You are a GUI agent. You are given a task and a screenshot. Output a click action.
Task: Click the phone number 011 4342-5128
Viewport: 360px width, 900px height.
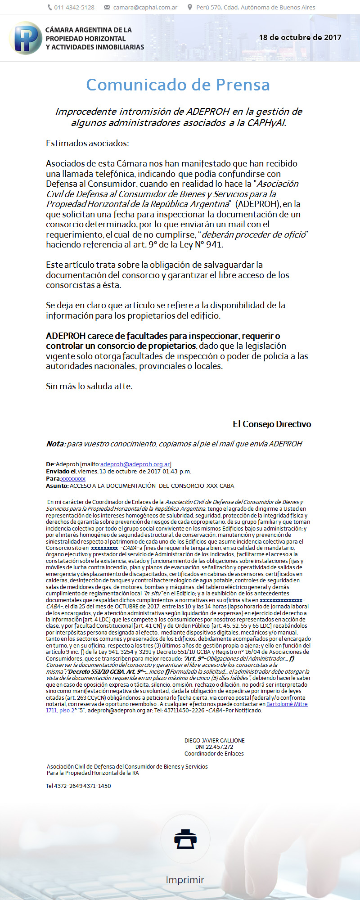74,7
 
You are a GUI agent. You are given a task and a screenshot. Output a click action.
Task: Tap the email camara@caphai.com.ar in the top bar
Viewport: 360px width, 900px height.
145,7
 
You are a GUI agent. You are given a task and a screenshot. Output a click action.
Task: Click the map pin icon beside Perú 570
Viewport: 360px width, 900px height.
190,7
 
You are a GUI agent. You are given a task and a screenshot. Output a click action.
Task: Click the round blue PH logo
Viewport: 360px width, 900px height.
25,38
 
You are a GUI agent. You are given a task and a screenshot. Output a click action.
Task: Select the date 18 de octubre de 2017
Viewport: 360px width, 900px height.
300,37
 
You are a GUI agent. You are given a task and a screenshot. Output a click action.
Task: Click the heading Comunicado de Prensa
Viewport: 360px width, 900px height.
178,85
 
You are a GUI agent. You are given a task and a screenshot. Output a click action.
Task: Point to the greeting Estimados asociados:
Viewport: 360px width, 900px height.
87,144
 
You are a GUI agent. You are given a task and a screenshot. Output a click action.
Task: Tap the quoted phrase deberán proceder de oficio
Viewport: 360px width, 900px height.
254,234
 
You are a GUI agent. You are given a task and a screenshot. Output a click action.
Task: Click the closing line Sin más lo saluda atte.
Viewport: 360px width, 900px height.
89,386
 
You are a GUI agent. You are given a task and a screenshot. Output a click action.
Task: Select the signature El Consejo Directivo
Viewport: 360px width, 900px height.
272,424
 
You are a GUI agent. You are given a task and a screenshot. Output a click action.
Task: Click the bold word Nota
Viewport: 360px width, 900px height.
55,444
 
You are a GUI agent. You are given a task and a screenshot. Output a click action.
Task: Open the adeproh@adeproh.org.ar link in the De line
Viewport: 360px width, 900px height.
135,464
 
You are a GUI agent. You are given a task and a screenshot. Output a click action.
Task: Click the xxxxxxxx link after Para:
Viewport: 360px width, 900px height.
73,479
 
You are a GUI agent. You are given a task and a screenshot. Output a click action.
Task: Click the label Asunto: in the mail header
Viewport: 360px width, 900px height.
57,486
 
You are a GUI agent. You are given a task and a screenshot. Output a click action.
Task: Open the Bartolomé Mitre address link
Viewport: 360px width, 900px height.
287,704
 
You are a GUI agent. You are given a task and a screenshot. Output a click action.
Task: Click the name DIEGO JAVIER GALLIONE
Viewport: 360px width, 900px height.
214,740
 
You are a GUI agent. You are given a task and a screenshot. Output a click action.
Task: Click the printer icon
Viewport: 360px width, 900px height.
186,838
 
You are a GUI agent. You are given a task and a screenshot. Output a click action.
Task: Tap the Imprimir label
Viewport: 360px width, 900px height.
185,880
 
